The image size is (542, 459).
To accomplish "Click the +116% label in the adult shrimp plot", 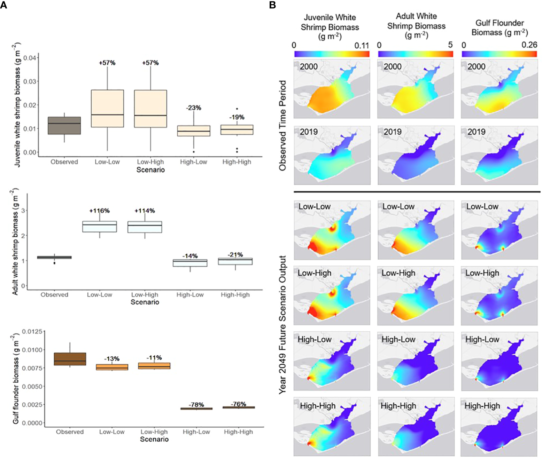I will (100, 211).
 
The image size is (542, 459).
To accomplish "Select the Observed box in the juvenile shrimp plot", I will (64, 126).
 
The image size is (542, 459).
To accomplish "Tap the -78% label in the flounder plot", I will (196, 405).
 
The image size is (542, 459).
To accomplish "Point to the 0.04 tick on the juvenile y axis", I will (30, 57).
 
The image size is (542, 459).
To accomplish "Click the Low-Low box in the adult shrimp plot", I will (100, 227).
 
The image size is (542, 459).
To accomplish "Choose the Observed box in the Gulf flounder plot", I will (70, 359).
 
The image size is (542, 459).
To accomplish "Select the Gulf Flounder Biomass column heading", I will (500, 27).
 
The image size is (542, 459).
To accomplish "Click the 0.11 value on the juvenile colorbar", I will (362, 46).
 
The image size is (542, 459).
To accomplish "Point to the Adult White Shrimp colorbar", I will (416, 54).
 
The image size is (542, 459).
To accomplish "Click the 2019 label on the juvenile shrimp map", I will (309, 132).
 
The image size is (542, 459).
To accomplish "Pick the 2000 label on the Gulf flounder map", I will (476, 66).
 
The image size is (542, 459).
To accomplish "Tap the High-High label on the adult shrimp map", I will (398, 406).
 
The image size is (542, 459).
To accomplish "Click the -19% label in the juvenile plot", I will (237, 117).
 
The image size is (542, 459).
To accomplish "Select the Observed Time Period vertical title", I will (282, 125).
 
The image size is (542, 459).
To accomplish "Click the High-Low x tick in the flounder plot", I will (196, 432).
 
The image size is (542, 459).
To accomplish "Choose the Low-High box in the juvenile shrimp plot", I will (150, 109).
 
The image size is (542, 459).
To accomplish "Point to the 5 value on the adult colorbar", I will (450, 45).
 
